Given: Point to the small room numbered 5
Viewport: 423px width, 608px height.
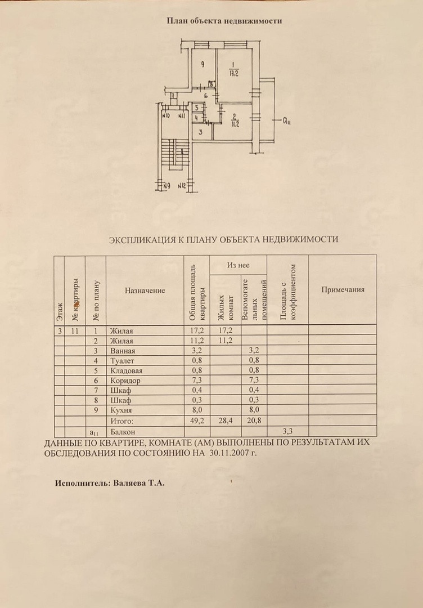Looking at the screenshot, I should (196, 107).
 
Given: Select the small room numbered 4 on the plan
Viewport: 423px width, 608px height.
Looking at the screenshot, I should (196, 118).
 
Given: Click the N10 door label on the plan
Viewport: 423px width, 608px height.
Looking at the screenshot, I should (165, 117).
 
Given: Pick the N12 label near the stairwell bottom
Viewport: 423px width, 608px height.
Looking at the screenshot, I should (182, 185).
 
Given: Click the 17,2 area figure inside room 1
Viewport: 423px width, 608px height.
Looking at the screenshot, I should (234, 72).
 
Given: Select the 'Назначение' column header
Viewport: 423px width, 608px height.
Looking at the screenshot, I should (145, 290).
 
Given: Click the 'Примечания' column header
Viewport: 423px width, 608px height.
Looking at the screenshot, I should (343, 289).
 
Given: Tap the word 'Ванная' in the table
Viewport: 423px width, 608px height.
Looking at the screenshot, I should (121, 351).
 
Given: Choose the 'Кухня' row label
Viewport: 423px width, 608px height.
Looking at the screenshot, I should (120, 410).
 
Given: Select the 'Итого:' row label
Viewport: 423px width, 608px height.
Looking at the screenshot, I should (121, 421).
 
